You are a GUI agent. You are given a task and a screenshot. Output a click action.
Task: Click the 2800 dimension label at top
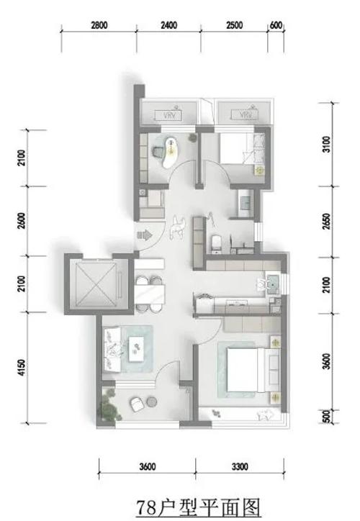(x=99, y=25)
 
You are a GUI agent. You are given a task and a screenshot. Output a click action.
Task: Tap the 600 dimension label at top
(x=276, y=25)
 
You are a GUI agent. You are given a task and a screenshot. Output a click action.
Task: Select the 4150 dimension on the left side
(x=22, y=368)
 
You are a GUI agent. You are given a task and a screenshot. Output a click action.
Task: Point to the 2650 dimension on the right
(x=327, y=222)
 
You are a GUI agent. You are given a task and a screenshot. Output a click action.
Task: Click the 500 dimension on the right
(x=327, y=417)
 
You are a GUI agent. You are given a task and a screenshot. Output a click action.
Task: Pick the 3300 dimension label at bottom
(x=240, y=467)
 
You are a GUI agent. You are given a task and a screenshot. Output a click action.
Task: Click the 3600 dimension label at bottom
(x=148, y=467)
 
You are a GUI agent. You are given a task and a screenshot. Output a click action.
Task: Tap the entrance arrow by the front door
(x=144, y=235)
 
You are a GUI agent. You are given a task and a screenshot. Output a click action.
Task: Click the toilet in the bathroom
(x=216, y=244)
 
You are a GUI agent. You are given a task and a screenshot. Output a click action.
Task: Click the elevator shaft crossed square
(x=96, y=285)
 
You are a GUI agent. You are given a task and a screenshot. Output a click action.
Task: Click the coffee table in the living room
(x=136, y=349)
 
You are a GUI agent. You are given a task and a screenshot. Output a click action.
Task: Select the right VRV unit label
(x=246, y=115)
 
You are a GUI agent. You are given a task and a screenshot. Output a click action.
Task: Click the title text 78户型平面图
(x=198, y=507)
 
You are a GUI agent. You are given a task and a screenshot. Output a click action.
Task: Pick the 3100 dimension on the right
(x=327, y=145)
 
